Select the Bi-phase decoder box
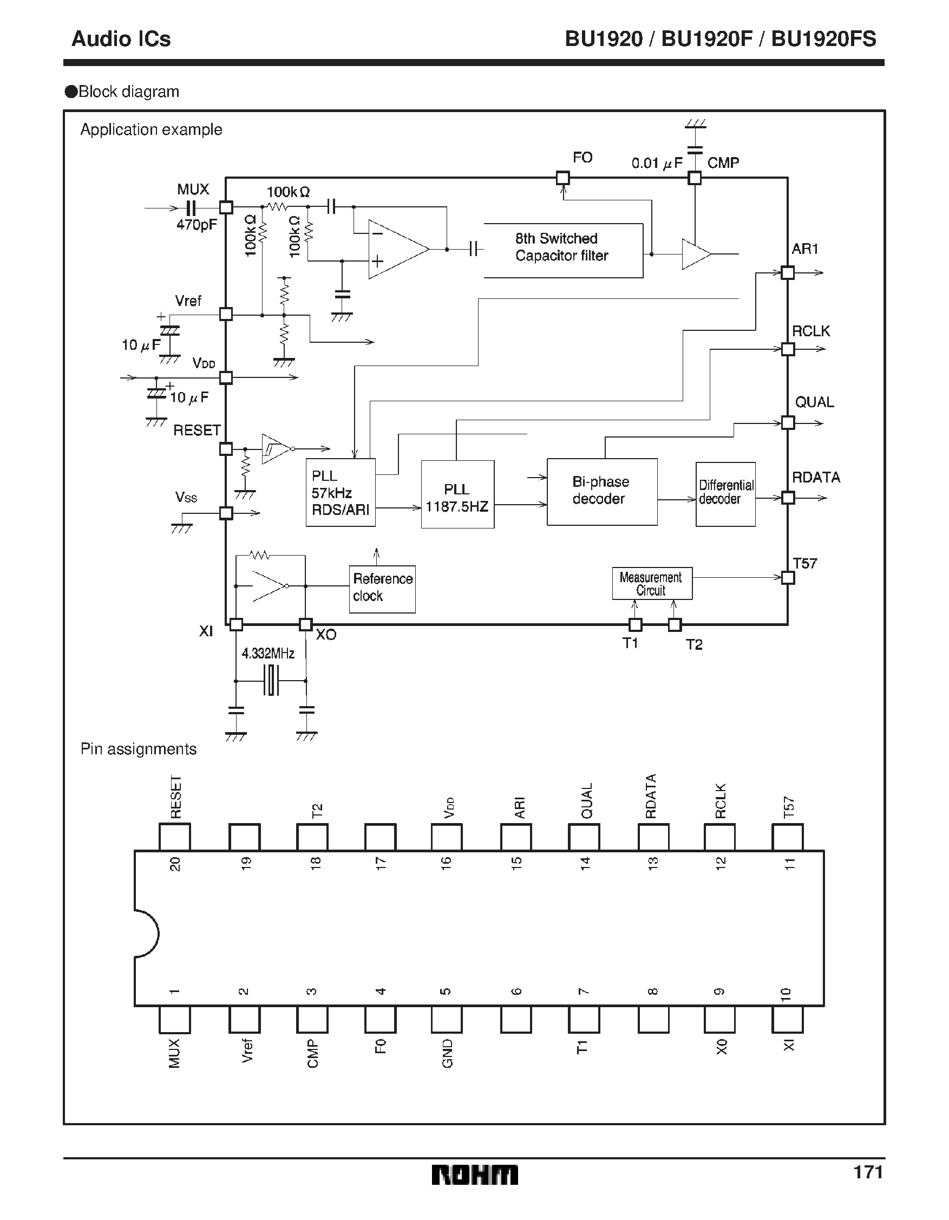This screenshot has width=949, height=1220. pos(601,492)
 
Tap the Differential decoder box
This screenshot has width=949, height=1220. pos(725,494)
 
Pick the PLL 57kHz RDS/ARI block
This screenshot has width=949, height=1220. pos(340,492)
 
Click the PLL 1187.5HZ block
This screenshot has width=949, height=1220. pos(457,494)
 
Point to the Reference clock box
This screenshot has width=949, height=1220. pos(382,589)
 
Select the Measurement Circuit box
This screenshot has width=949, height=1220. pos(652,584)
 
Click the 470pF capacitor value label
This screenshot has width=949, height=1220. pos(197,225)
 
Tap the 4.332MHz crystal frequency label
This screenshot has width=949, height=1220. pos(267,653)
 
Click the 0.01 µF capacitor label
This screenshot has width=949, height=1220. pos(657,163)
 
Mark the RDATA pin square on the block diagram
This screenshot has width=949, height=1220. pos(788,497)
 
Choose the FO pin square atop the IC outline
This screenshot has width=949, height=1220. pos(562,178)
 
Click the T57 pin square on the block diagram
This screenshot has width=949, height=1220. pos(788,578)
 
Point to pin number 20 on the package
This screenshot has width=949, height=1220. pos(175,864)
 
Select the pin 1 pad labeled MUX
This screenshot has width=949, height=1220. pos(174,1020)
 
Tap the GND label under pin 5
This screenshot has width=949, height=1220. pos(447,1054)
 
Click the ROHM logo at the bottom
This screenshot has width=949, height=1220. pos(474,1175)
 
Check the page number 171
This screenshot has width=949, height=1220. pos(867,1172)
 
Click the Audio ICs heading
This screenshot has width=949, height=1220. pos(121,38)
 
